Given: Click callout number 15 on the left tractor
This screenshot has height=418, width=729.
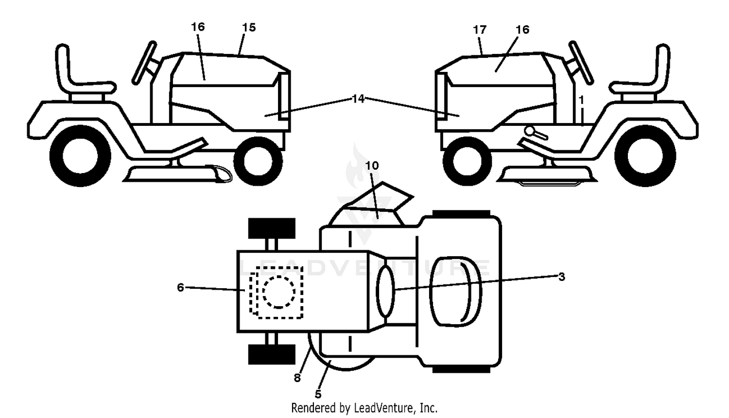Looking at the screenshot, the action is [x=249, y=27].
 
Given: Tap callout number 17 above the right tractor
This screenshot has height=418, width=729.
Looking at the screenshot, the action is [x=479, y=30].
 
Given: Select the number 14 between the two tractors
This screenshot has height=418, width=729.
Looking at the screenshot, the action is [x=358, y=99].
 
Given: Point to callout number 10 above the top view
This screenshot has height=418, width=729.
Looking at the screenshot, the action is [x=372, y=166].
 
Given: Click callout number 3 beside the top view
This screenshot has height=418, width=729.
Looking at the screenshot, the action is [x=562, y=277].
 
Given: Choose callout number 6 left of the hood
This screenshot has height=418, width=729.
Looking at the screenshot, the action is [x=181, y=287].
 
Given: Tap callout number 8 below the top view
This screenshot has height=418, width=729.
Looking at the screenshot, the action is [x=297, y=378].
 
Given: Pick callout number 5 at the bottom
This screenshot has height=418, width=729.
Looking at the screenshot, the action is [x=318, y=394].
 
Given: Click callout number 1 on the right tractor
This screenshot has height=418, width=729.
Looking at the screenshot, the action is [x=582, y=100].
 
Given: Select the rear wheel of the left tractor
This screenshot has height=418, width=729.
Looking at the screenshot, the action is [x=80, y=156].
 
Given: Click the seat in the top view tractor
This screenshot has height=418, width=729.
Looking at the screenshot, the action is [x=456, y=291].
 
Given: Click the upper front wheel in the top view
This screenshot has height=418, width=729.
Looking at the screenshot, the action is [x=272, y=228].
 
